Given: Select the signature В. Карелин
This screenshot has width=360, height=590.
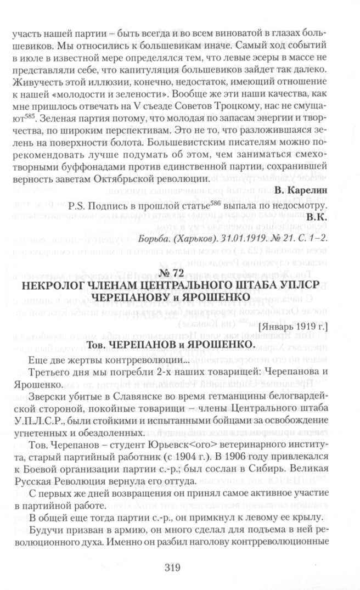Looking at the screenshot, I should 317,207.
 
